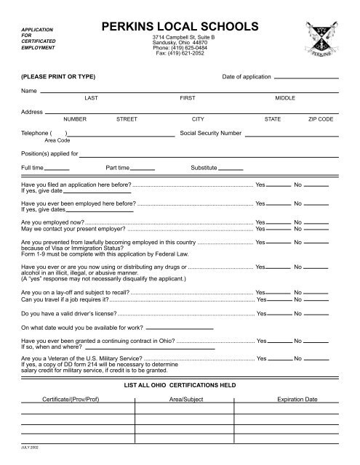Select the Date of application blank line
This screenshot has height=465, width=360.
(x=306, y=77)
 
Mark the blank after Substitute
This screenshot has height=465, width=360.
(x=231, y=169)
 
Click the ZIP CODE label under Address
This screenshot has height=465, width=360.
(x=321, y=117)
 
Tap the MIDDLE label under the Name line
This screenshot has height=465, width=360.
(x=285, y=97)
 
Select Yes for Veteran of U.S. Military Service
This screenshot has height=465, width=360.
(x=279, y=359)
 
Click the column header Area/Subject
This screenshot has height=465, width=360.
(x=185, y=400)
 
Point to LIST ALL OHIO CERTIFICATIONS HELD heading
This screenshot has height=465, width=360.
(x=180, y=383)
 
